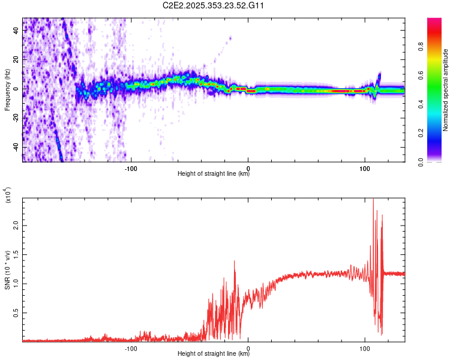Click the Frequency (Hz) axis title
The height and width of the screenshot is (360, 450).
point(7,89)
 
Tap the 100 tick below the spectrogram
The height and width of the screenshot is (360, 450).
point(365,169)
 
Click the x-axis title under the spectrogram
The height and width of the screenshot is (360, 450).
point(214,175)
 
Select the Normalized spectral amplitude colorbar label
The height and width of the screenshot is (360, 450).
point(446,89)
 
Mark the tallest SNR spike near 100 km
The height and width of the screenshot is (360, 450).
point(373,200)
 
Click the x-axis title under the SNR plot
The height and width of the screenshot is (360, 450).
point(214,353)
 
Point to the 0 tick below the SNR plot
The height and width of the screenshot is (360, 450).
point(248,347)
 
